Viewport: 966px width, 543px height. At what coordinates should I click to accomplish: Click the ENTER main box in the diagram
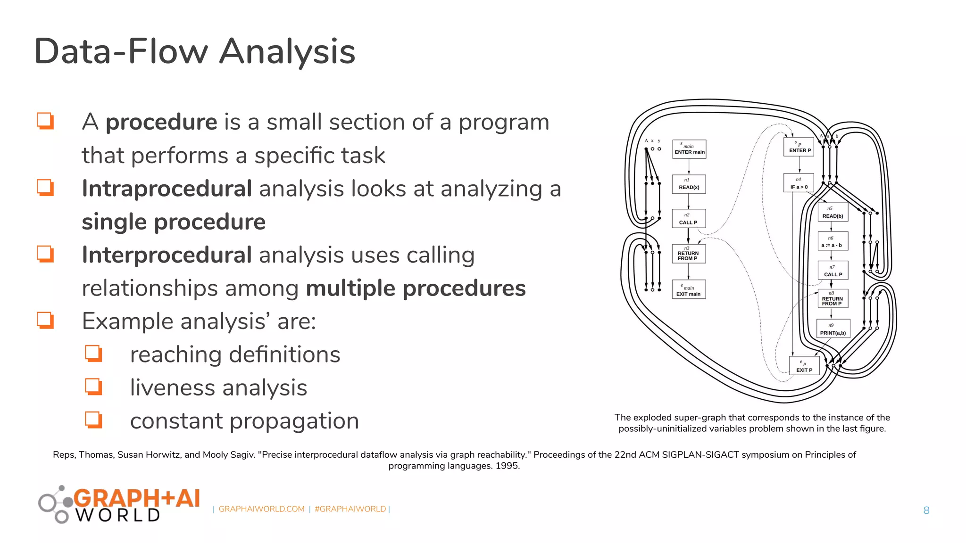pyautogui.click(x=689, y=149)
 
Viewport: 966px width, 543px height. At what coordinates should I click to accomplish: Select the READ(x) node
pyautogui.click(x=689, y=184)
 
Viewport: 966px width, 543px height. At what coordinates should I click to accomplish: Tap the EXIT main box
pyautogui.click(x=689, y=289)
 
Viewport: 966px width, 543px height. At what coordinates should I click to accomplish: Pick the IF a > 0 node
pyautogui.click(x=799, y=184)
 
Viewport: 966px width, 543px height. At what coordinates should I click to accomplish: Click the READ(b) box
pyautogui.click(x=833, y=213)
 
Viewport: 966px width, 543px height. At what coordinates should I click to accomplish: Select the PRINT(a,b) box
pyautogui.click(x=833, y=329)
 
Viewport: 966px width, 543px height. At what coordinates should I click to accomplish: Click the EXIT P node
pyautogui.click(x=804, y=366)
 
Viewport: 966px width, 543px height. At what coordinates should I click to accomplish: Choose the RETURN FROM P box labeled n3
pyautogui.click(x=689, y=254)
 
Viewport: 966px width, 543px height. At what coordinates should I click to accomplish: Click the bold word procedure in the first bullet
pyautogui.click(x=161, y=122)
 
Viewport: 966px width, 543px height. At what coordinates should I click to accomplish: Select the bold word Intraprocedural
pyautogui.click(x=167, y=189)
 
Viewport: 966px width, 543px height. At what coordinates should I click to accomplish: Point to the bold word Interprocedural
pyautogui.click(x=167, y=255)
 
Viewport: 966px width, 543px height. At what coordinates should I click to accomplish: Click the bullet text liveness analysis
pyautogui.click(x=218, y=388)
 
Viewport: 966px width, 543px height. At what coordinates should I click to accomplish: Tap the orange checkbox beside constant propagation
pyautogui.click(x=93, y=420)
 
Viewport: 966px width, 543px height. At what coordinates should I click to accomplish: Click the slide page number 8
pyautogui.click(x=926, y=510)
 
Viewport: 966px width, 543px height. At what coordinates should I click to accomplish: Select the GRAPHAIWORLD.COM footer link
pyautogui.click(x=261, y=509)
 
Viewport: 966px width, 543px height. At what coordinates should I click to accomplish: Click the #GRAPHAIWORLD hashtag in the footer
pyautogui.click(x=350, y=509)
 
